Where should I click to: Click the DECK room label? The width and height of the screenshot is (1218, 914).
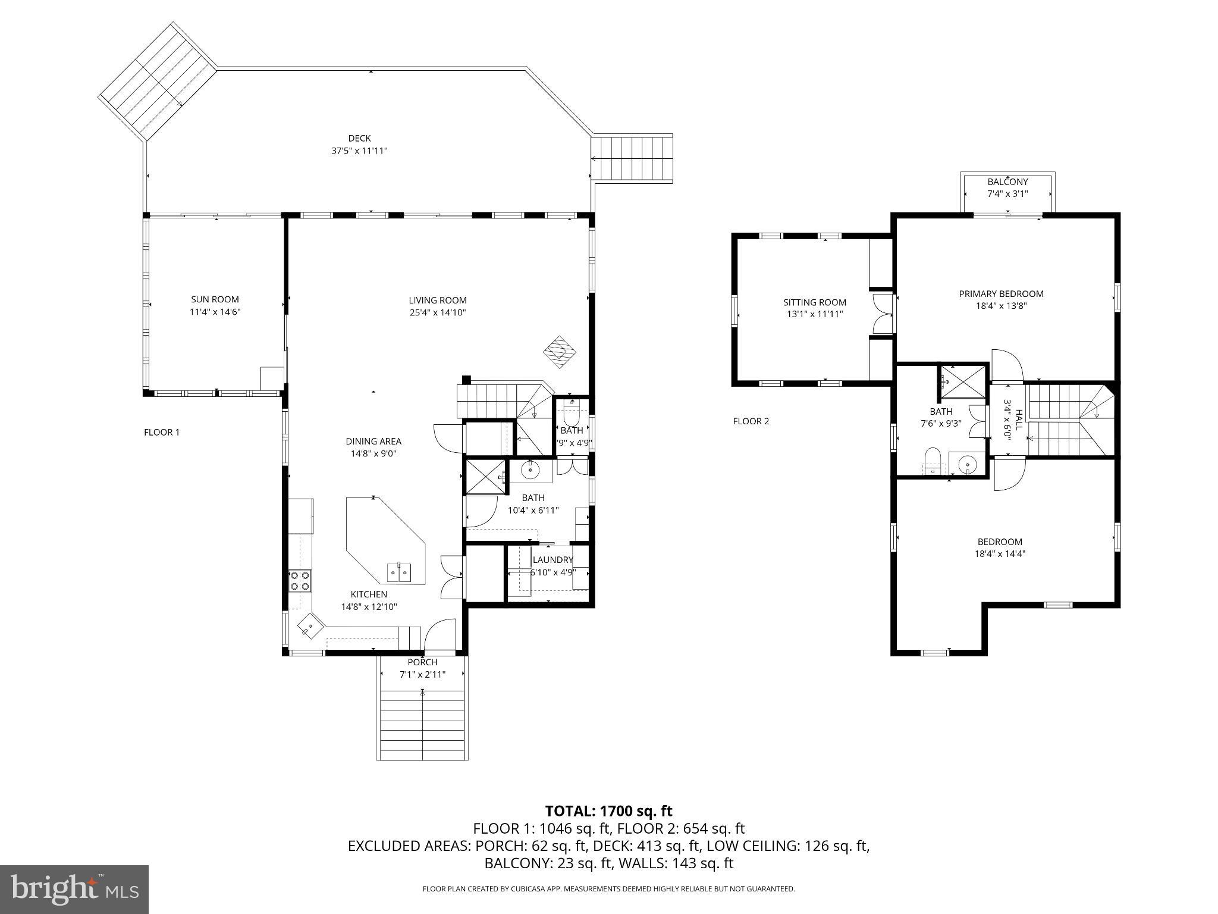(x=359, y=138)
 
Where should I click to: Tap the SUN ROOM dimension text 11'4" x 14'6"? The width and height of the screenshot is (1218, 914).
(x=215, y=312)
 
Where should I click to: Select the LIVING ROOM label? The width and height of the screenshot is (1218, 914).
(x=437, y=300)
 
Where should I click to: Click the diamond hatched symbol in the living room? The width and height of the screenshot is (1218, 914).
(x=560, y=352)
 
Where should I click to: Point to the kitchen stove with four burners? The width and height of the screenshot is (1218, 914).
(x=300, y=580)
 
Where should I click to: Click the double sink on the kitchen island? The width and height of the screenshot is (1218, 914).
(x=400, y=572)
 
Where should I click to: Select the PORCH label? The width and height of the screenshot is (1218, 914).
(x=422, y=662)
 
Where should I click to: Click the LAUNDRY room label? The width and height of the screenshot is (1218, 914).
(x=553, y=559)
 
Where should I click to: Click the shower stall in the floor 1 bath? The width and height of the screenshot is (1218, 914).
(x=485, y=477)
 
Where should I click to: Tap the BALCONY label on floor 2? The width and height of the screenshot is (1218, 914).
(x=1007, y=181)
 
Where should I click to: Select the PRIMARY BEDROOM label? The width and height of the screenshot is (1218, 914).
(x=1001, y=293)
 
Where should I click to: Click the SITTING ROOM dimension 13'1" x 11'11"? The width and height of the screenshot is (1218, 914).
(x=814, y=314)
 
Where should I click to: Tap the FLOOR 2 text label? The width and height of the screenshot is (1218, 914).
(x=751, y=421)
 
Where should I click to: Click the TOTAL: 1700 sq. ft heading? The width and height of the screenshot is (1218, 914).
(x=608, y=810)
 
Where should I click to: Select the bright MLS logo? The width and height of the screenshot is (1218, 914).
(x=74, y=888)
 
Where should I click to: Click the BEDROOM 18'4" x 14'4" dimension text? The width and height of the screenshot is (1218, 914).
(x=1000, y=553)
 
